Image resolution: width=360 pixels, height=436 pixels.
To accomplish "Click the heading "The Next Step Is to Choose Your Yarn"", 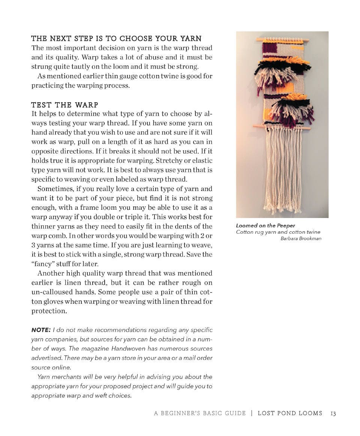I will tap(116, 39).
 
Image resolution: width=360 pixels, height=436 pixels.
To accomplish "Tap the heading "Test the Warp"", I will tap(64, 105).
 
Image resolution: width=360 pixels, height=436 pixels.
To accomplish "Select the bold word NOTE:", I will tap(40, 330).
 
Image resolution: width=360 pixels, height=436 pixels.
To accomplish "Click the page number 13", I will tap(333, 414).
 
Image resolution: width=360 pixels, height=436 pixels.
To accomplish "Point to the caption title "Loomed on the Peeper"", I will tap(265, 225).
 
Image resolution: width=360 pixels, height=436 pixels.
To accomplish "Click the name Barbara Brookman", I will tap(301, 239).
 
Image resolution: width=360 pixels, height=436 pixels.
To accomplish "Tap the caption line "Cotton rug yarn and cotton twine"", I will tap(278, 232).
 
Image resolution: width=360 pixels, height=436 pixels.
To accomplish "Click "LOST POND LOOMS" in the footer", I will tap(290, 414).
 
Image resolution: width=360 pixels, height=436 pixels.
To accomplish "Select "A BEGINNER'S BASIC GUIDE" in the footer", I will tap(200, 414).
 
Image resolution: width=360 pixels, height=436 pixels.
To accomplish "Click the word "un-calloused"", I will tap(53, 292).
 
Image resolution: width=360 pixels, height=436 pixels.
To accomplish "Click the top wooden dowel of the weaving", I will tap(283, 39).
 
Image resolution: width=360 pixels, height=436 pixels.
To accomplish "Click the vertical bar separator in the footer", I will tap(252, 414).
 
